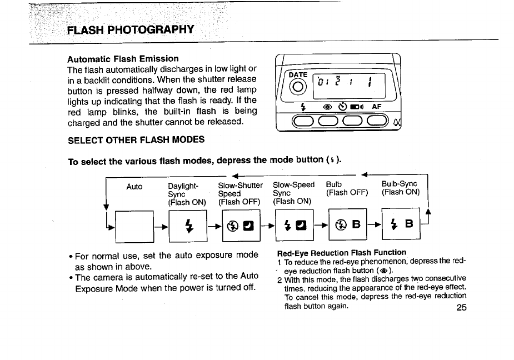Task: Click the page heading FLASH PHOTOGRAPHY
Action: [x=131, y=29]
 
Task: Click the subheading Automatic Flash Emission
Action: [x=123, y=58]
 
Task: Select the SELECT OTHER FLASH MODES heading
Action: [x=136, y=139]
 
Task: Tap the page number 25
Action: [x=461, y=308]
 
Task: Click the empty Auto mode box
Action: [x=134, y=227]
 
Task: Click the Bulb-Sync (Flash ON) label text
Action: [x=400, y=189]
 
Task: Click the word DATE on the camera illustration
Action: [x=298, y=75]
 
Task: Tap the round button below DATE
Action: [x=298, y=87]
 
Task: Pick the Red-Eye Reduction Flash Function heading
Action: [x=341, y=253]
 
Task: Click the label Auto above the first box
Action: [x=134, y=187]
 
